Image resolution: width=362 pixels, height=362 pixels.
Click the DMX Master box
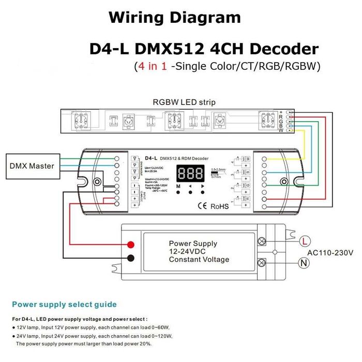[32, 167]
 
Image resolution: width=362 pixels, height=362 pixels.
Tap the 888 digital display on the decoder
[190, 173]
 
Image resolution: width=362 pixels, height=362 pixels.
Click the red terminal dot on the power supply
[131, 245]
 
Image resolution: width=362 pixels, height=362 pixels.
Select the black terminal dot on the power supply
[131, 258]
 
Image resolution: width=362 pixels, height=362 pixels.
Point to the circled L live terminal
[304, 240]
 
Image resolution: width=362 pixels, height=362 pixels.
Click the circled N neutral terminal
[304, 263]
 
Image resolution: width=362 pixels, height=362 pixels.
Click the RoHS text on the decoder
[219, 206]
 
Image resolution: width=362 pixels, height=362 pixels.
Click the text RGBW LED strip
[184, 102]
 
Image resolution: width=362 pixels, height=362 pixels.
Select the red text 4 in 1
[150, 66]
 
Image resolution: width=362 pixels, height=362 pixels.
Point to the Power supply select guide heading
[64, 304]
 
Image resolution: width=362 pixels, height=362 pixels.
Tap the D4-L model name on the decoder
[150, 157]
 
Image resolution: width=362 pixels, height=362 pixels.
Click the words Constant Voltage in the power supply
[199, 260]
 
